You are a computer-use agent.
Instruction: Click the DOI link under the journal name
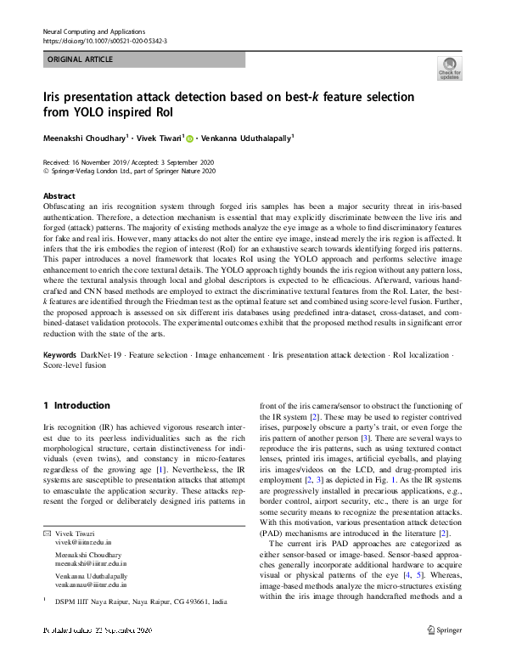pos(104,40)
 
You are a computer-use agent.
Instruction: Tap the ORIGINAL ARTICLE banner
pos(143,59)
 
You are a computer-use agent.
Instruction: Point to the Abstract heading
pos(59,195)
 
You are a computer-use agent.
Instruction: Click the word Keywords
pos(61,354)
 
